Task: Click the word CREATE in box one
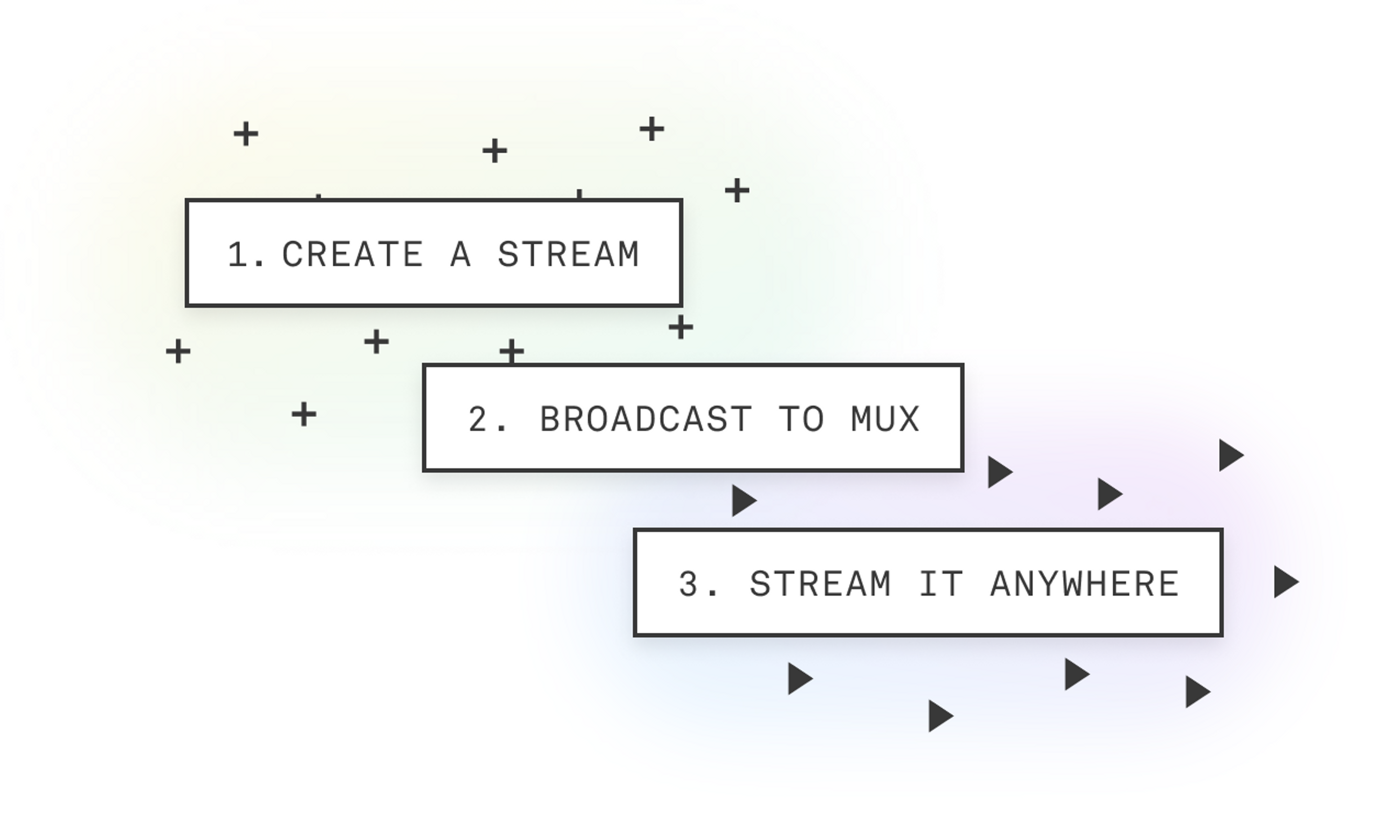[352, 255]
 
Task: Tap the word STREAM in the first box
[568, 255]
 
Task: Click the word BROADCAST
[646, 419]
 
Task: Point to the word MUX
[885, 419]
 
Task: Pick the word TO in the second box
[802, 419]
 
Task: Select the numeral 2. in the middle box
[487, 419]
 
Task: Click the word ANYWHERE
[1084, 584]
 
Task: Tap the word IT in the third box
[941, 584]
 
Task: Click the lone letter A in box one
[460, 255]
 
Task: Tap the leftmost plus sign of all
[178, 351]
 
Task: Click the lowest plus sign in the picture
[304, 415]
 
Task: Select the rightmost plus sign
[737, 190]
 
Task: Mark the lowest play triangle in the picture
[939, 716]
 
